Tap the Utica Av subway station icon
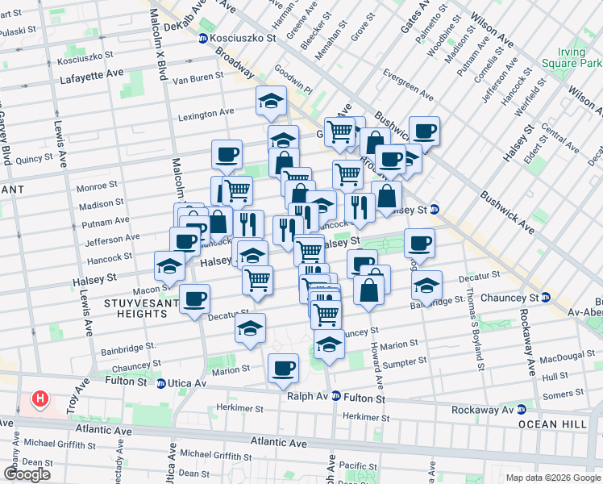click(x=161, y=383)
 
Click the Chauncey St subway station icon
click(x=546, y=298)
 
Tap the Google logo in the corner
click(x=27, y=474)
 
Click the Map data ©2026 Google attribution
click(x=553, y=478)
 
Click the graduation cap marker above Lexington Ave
click(x=271, y=101)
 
